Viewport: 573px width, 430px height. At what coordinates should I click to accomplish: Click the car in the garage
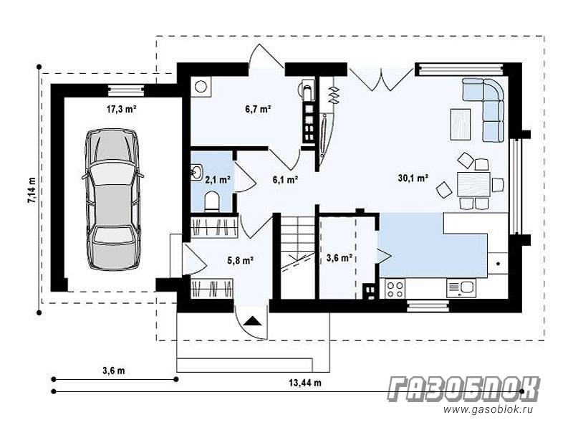pyautogui.click(x=112, y=199)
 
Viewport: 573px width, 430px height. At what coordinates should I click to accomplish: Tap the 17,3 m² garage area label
pyautogui.click(x=121, y=109)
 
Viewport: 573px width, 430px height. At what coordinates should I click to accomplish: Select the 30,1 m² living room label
pyautogui.click(x=413, y=178)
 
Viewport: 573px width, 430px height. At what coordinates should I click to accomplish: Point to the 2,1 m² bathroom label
pyautogui.click(x=218, y=180)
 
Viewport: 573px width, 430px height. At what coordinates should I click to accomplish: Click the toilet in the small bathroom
pyautogui.click(x=211, y=202)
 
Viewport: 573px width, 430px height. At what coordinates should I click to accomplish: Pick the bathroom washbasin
pyautogui.click(x=197, y=172)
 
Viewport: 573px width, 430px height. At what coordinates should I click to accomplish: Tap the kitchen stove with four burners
pyautogui.click(x=395, y=289)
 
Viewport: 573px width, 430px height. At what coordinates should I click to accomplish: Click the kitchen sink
pyautogui.click(x=461, y=288)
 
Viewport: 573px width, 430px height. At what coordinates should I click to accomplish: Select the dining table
pyautogui.click(x=473, y=184)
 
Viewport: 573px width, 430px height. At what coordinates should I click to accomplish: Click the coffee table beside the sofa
pyautogui.click(x=461, y=124)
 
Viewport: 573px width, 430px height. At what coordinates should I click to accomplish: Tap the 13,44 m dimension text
pyautogui.click(x=305, y=383)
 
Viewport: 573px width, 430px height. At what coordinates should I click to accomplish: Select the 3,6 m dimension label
pyautogui.click(x=114, y=371)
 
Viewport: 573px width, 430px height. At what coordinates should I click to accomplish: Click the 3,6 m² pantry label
pyautogui.click(x=339, y=258)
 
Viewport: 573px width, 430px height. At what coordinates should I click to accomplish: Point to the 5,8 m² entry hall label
pyautogui.click(x=241, y=260)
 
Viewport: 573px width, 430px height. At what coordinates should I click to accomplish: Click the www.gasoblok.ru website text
pyautogui.click(x=488, y=409)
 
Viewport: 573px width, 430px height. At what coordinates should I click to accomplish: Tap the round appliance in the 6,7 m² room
pyautogui.click(x=201, y=87)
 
